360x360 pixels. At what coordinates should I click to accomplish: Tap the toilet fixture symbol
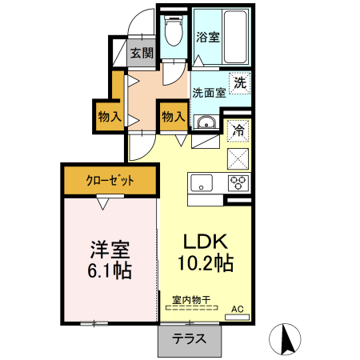point(172,32)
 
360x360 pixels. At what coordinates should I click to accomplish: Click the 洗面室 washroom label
point(207,92)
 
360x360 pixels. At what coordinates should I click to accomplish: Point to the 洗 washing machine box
point(239,81)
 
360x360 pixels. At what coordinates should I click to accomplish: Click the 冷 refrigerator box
point(238,129)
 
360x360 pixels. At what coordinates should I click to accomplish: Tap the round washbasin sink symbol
point(205,122)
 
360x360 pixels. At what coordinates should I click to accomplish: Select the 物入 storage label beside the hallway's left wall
point(110,117)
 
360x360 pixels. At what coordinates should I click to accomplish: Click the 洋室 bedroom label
point(110,249)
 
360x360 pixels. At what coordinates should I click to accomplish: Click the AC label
point(237,308)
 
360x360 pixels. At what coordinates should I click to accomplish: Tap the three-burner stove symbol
point(238,182)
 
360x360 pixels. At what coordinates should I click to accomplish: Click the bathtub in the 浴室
point(238,38)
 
